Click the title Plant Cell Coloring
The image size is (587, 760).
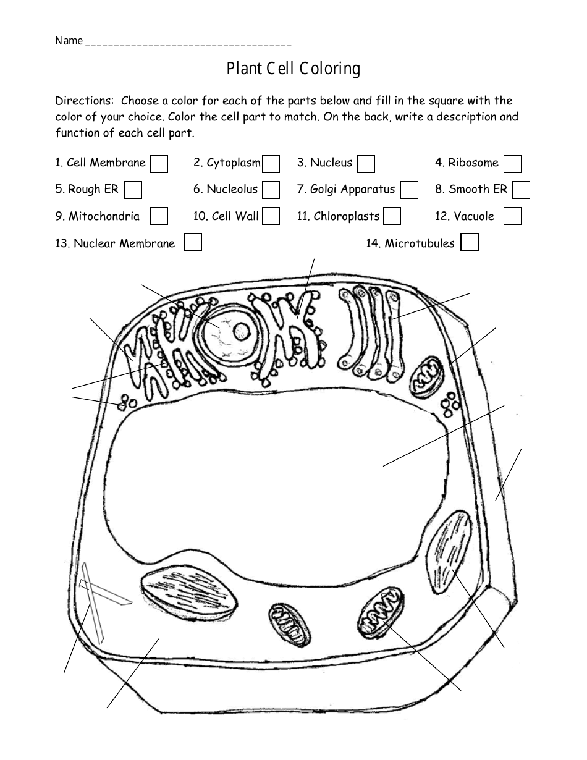click(x=293, y=68)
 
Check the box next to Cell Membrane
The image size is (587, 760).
click(x=159, y=164)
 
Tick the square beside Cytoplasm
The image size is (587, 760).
click(x=271, y=164)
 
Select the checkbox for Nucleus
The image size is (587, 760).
click(x=366, y=164)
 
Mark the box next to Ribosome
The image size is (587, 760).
click(x=512, y=164)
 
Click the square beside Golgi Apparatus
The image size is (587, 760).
click(x=409, y=190)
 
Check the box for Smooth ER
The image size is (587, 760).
click(x=521, y=190)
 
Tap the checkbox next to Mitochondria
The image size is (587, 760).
click(x=159, y=216)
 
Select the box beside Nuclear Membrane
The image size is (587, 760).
click(x=193, y=242)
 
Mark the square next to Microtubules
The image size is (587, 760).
click(x=470, y=242)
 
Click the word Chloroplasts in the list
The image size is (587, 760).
click(x=346, y=216)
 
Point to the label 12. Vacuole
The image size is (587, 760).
click(x=465, y=216)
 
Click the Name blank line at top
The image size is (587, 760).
click(x=188, y=44)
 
